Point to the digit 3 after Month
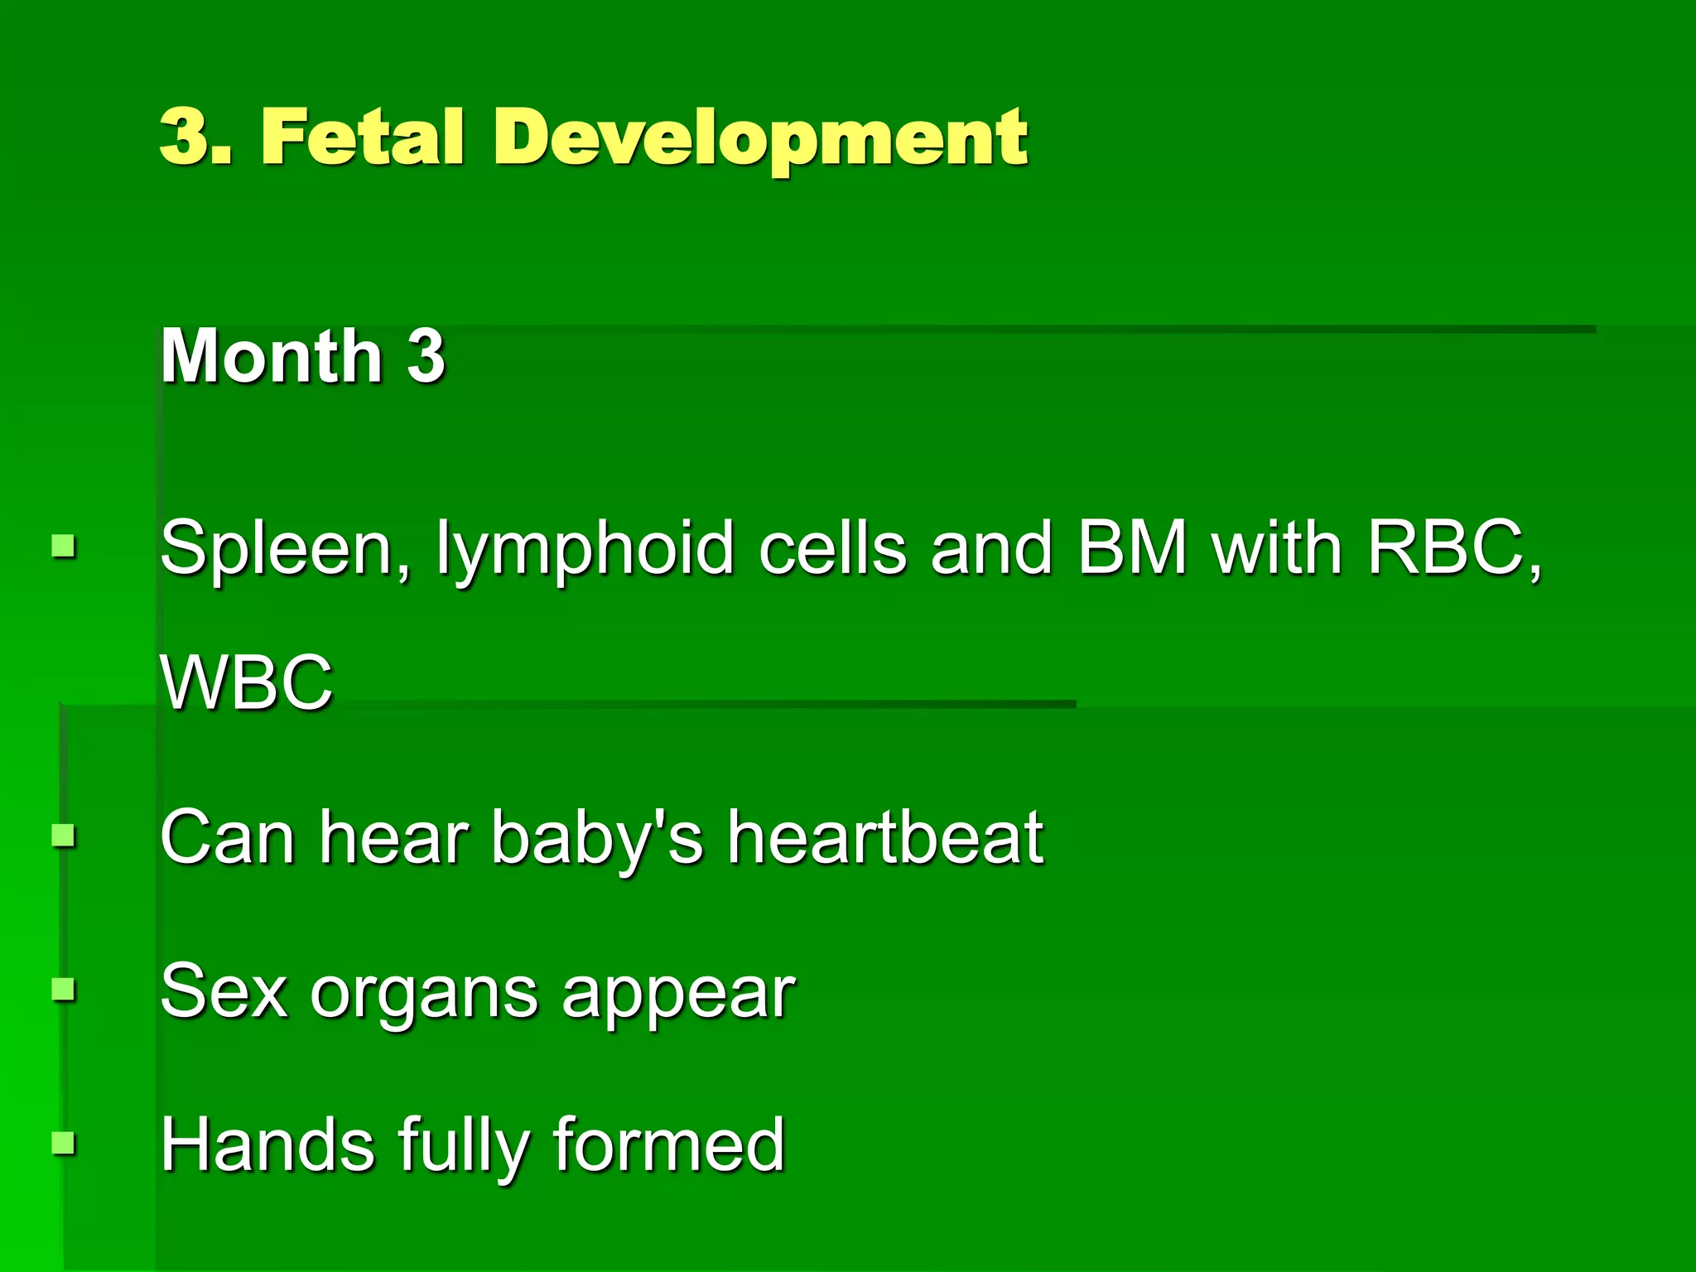(426, 356)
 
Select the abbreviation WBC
(247, 682)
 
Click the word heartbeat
(884, 837)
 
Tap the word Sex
(224, 991)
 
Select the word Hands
(267, 1144)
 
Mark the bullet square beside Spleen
(64, 547)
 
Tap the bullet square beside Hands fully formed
(64, 1143)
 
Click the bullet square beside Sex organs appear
(64, 990)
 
